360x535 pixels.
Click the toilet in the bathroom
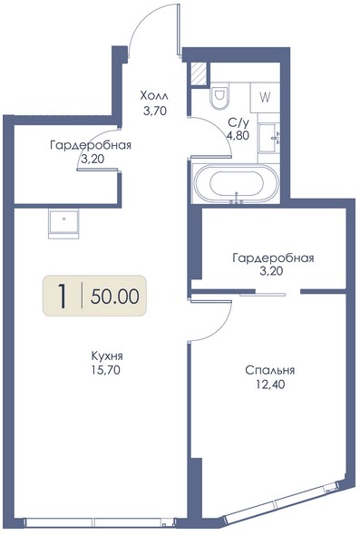coord(219,95)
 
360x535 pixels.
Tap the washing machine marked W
coord(265,98)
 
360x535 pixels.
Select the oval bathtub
coord(236,184)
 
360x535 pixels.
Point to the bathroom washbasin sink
coord(269,138)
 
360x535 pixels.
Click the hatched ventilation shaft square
coord(199,73)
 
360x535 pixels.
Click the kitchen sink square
coord(63,223)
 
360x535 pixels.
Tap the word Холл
coord(154,96)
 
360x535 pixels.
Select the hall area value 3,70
coord(155,111)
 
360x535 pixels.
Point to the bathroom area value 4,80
coord(238,136)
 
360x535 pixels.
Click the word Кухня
coord(107,356)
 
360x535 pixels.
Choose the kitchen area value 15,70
coord(105,370)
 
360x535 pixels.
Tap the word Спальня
coord(270,370)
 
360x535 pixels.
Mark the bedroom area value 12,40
coord(270,384)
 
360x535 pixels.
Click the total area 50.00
coord(115,296)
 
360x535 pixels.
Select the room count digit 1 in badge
coord(62,296)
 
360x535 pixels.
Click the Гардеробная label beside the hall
coord(91,145)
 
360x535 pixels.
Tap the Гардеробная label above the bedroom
coord(273,258)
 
